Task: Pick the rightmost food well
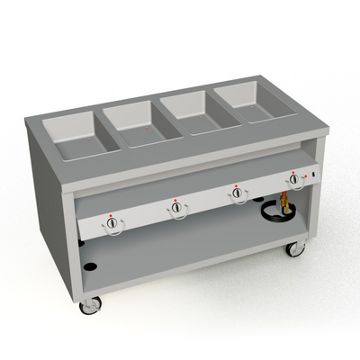(246, 102)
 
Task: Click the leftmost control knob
(112, 226)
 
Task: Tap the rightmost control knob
(295, 181)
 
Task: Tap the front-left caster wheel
(91, 307)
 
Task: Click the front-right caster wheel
(294, 247)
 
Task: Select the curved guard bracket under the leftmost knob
(112, 237)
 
